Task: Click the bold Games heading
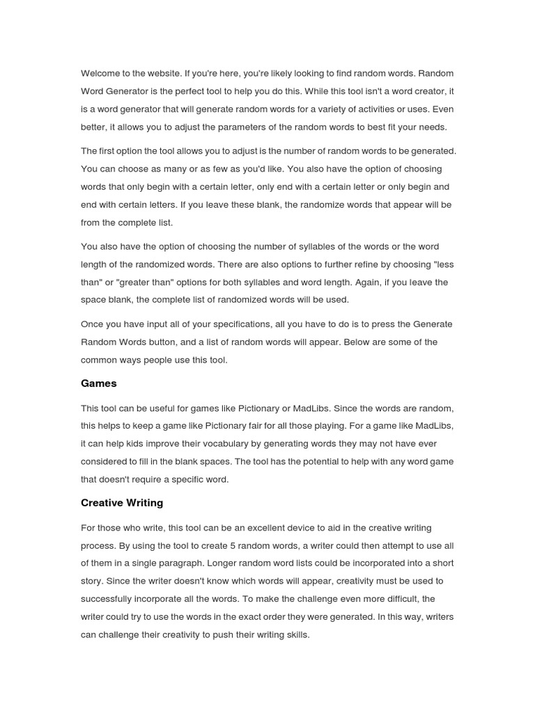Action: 99,383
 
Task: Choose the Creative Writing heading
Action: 122,503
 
